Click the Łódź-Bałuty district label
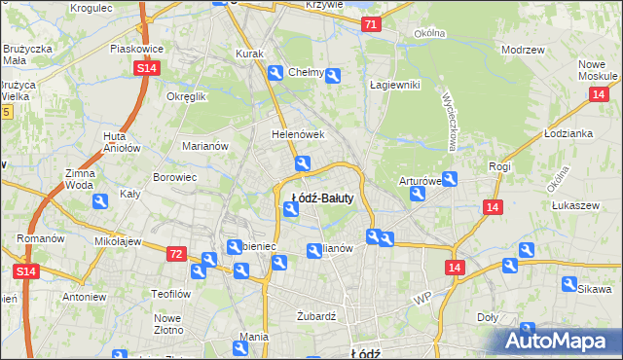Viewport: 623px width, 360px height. [322, 198]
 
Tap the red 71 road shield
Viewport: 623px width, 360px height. [370, 24]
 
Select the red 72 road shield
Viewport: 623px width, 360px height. [175, 254]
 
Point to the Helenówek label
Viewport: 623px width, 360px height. [297, 135]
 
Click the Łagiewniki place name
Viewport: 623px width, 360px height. [394, 85]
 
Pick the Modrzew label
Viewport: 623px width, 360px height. [522, 49]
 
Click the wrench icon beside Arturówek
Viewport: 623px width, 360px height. [418, 195]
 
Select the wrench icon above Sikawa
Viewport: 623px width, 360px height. [569, 283]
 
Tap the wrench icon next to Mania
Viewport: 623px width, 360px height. [241, 347]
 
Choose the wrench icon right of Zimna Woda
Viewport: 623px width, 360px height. [100, 201]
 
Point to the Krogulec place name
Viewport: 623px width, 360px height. [92, 8]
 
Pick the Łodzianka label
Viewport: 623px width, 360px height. [569, 133]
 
